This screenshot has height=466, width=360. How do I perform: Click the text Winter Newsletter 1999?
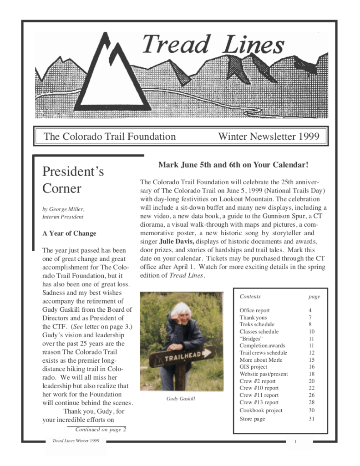[x=269, y=136]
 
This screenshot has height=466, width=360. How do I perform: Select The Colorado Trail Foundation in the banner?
[x=109, y=136]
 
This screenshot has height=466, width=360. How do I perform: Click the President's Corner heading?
[x=73, y=180]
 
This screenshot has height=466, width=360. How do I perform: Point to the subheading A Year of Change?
[x=69, y=233]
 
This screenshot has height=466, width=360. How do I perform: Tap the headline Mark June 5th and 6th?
[x=233, y=165]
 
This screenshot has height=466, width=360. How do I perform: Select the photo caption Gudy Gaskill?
[x=181, y=399]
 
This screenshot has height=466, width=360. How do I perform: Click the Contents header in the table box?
[x=250, y=296]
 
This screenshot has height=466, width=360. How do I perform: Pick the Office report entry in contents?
[x=254, y=310]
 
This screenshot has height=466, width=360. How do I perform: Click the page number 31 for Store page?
[x=311, y=419]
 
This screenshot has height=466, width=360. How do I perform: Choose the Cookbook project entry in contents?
[x=261, y=410]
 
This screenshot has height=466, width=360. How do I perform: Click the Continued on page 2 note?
[x=100, y=429]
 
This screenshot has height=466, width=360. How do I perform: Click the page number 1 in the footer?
[x=295, y=442]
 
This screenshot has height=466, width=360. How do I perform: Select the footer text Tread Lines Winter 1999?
[x=76, y=441]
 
